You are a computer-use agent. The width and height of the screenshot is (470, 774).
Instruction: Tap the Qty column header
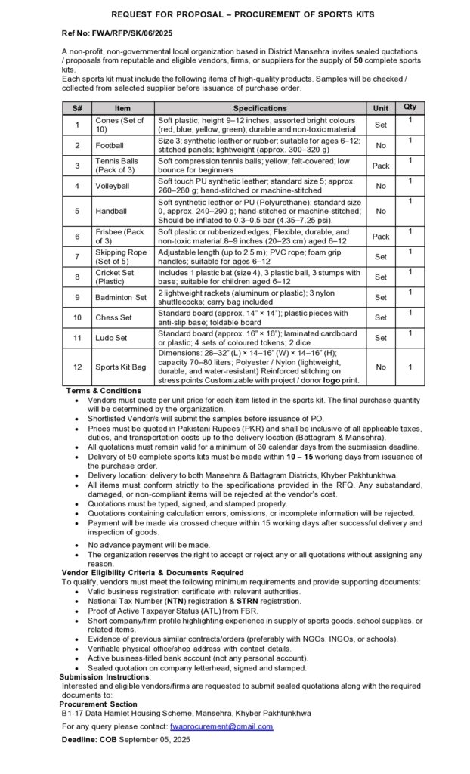pyautogui.click(x=410, y=107)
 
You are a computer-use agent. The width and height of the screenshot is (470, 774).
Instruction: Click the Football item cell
pyautogui.click(x=110, y=145)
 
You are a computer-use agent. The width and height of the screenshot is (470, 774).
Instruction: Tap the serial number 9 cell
pyautogui.click(x=77, y=297)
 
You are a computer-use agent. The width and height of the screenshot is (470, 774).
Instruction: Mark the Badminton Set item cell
pyautogui.click(x=121, y=297)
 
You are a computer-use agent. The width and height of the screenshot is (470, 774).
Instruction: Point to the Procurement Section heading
pyautogui.click(x=94, y=704)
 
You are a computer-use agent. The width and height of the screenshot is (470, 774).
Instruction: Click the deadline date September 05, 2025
pyautogui.click(x=154, y=739)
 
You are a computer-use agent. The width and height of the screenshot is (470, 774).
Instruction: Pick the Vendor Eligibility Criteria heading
pyautogui.click(x=152, y=572)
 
